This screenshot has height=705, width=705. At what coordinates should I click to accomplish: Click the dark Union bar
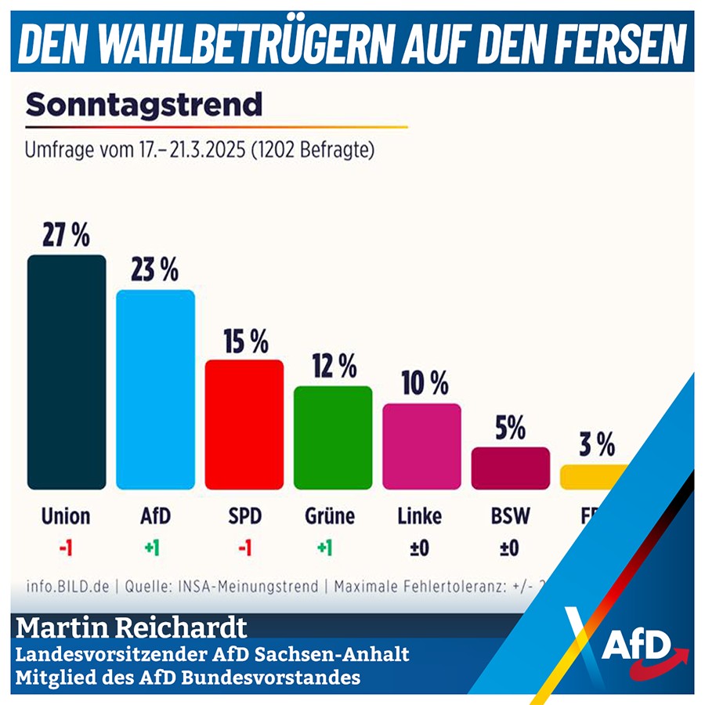pos(67,372)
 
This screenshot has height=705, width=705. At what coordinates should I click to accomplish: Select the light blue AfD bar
pos(155,389)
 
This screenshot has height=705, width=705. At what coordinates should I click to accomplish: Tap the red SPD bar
pos(244,424)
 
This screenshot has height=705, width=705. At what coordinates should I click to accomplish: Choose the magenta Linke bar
pos(421,446)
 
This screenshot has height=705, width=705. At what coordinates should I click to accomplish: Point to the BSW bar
pos(510,468)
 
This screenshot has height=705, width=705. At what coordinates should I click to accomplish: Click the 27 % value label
pos(67,236)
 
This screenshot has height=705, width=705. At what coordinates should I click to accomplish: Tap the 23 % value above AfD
pos(155,270)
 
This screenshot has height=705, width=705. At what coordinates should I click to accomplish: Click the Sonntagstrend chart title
pos(144,103)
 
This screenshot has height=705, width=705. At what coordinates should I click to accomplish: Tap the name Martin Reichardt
pos(132,628)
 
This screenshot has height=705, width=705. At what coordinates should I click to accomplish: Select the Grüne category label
pos(330,516)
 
